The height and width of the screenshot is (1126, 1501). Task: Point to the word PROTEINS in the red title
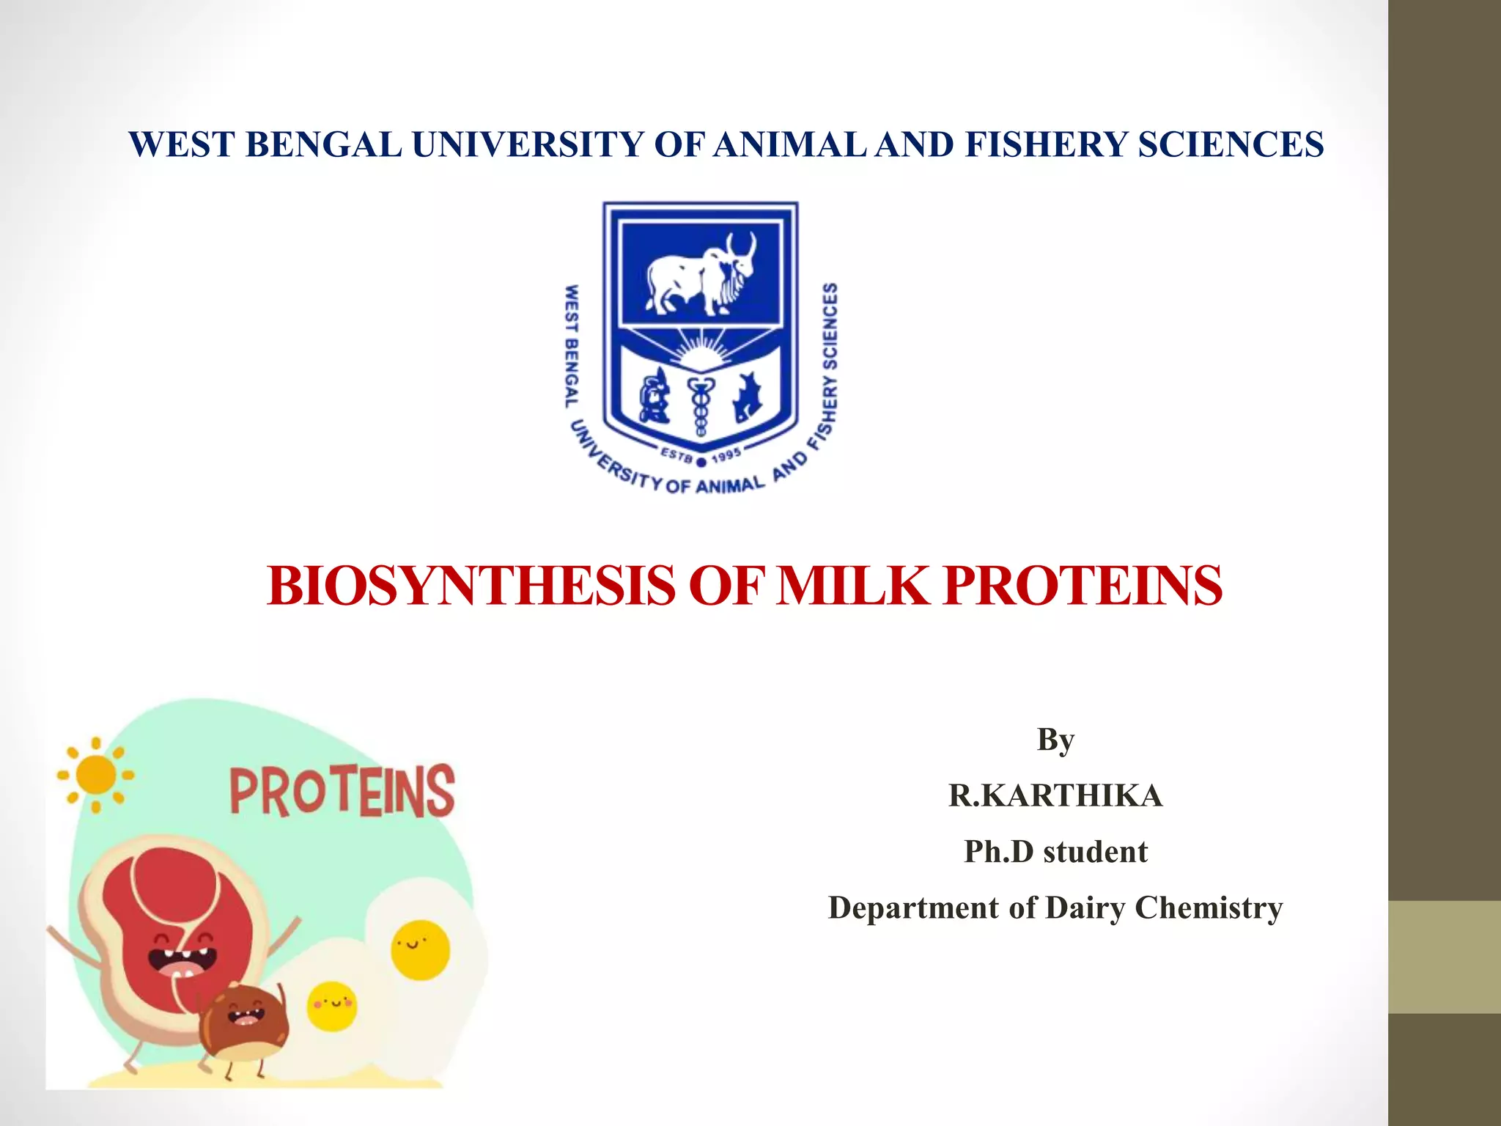1083,586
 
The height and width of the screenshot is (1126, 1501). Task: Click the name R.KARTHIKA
1055,796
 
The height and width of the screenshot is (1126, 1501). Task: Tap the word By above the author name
1055,740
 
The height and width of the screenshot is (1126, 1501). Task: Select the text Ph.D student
1055,852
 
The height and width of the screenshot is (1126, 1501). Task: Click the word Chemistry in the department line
1209,908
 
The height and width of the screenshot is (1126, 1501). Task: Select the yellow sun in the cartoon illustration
96,775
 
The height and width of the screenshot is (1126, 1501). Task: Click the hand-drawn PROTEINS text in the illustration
342,791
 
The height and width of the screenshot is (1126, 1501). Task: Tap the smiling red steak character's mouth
182,960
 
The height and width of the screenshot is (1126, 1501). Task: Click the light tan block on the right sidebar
1445,957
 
